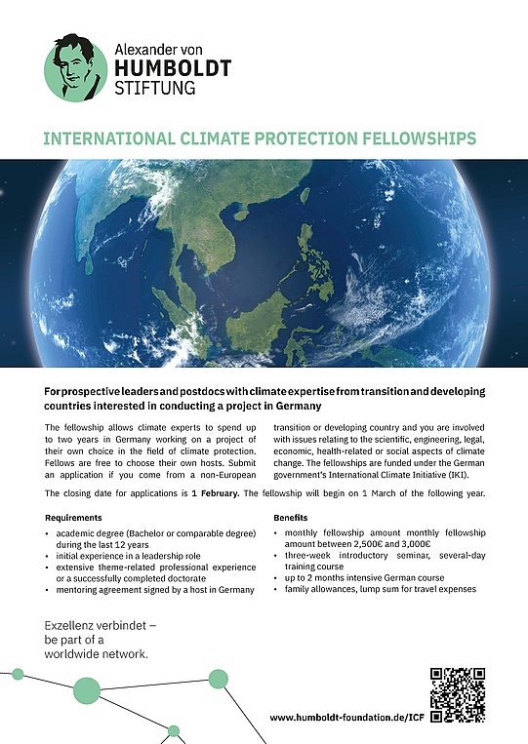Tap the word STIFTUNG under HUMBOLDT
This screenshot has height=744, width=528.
point(154,88)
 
